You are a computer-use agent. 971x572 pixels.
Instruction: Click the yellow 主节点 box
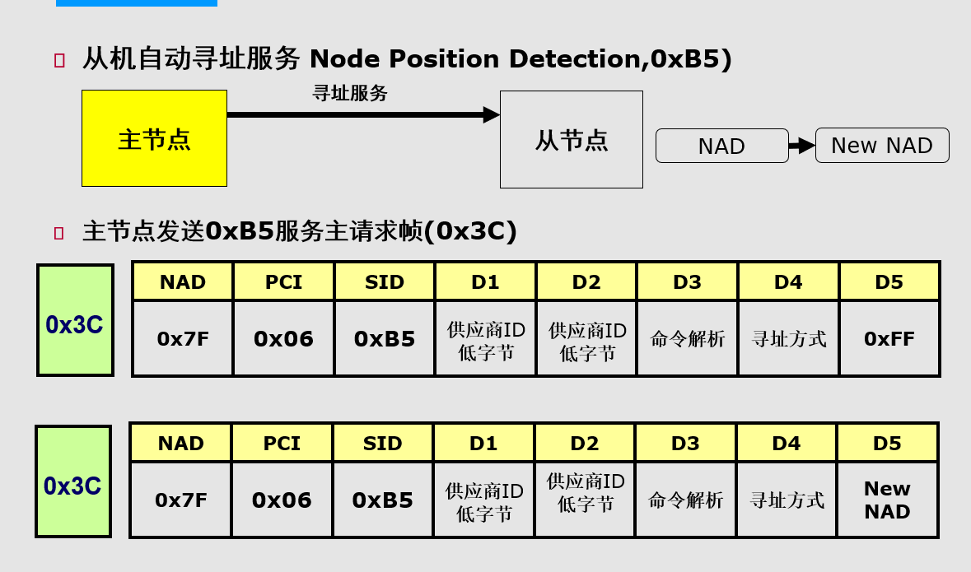(154, 138)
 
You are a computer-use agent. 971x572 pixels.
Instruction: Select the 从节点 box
(571, 140)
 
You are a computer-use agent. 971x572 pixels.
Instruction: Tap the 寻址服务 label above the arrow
(350, 94)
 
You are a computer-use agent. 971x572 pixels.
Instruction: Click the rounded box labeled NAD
(721, 146)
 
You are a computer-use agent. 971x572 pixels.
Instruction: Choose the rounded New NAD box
(881, 146)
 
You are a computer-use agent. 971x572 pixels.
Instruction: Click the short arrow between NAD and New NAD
(801, 146)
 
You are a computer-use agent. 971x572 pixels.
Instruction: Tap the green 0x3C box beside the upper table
(75, 321)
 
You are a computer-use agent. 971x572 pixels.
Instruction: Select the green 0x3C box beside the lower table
(73, 482)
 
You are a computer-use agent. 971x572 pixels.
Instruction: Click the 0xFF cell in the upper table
(889, 338)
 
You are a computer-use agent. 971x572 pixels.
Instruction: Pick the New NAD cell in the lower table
(887, 500)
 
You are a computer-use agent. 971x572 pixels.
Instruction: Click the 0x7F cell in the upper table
(183, 338)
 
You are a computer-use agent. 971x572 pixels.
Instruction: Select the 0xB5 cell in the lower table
(382, 500)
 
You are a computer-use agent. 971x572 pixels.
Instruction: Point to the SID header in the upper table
(385, 282)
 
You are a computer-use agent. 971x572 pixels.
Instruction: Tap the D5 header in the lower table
(887, 444)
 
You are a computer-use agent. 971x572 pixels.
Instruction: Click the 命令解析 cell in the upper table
(687, 338)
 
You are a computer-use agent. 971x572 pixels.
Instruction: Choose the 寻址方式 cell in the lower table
(787, 500)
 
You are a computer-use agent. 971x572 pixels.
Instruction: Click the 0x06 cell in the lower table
(282, 500)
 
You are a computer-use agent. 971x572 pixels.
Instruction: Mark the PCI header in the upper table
(283, 282)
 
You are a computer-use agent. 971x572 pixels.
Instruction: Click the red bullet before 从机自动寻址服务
(58, 60)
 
